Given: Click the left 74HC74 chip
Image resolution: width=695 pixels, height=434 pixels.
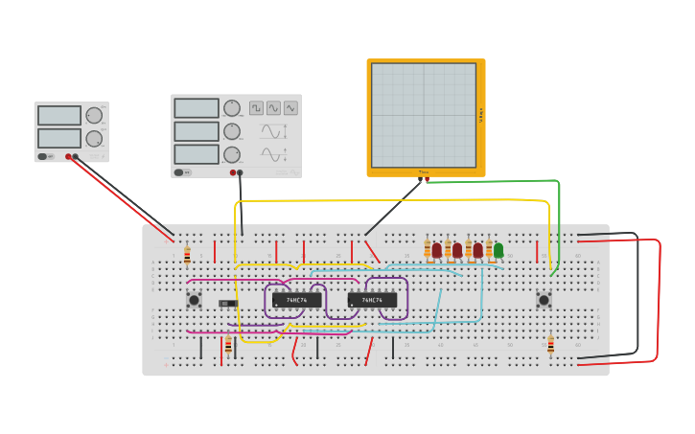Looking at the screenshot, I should click(x=296, y=300).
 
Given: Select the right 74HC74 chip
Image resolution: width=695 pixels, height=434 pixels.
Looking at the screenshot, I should click(x=372, y=300).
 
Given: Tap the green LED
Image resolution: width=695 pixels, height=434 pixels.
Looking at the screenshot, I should click(x=498, y=250).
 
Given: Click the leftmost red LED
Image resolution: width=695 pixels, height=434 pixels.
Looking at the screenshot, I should click(x=437, y=250).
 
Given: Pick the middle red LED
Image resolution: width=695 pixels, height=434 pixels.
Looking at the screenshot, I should click(x=457, y=250).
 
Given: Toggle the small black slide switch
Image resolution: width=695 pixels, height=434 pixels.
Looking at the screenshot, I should click(x=227, y=304).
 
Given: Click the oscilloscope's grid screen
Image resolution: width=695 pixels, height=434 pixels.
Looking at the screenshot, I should click(x=424, y=115).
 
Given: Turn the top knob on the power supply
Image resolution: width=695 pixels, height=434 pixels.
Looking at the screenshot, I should click(x=94, y=116).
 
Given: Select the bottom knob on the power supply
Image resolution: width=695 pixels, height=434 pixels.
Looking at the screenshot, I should click(x=94, y=139).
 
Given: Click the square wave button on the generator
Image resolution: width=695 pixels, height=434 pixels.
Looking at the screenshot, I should click(x=257, y=108).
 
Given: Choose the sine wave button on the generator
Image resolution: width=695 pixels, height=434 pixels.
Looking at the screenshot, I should click(x=274, y=108).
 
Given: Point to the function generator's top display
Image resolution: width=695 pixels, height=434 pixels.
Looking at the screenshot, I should click(x=197, y=108).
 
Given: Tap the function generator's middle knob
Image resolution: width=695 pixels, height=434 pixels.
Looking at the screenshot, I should click(x=232, y=131).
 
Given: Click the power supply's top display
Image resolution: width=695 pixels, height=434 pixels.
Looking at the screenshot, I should click(x=59, y=116).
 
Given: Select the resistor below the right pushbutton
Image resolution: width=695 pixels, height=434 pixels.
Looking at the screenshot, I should click(x=550, y=344).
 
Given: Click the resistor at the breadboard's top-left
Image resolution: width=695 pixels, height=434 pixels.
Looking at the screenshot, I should click(x=187, y=255).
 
